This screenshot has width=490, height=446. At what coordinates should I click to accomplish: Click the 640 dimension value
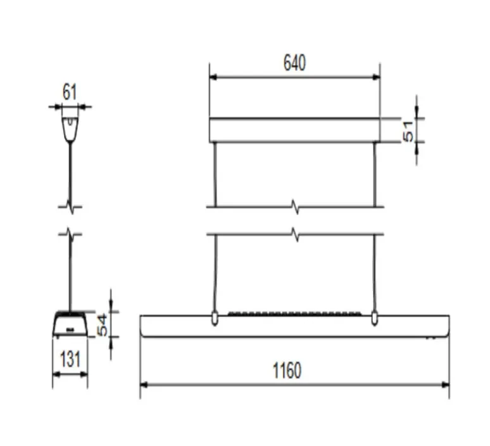coord(294,63)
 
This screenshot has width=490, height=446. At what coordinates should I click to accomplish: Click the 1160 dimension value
coord(287,371)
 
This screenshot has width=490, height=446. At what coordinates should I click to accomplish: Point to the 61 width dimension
coord(70,92)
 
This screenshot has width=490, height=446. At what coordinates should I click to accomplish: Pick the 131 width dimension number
coord(70,360)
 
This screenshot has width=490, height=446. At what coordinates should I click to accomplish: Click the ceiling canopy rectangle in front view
coord(295,130)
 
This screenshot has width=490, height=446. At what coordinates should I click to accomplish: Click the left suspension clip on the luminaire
coord(215,318)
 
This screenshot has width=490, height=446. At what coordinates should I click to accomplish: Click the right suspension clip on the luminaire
coord(375,318)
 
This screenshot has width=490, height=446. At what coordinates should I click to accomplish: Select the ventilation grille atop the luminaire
coord(295,313)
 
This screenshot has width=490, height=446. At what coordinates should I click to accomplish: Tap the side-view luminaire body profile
coord(70,323)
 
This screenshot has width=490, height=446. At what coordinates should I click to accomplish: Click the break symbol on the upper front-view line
coord(294,206)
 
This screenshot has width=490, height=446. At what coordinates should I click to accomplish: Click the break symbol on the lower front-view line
coord(294,235)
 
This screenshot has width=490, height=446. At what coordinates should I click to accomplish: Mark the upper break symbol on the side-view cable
coord(70,206)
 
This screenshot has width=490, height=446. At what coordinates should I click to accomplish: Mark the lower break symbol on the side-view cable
coord(70,235)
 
